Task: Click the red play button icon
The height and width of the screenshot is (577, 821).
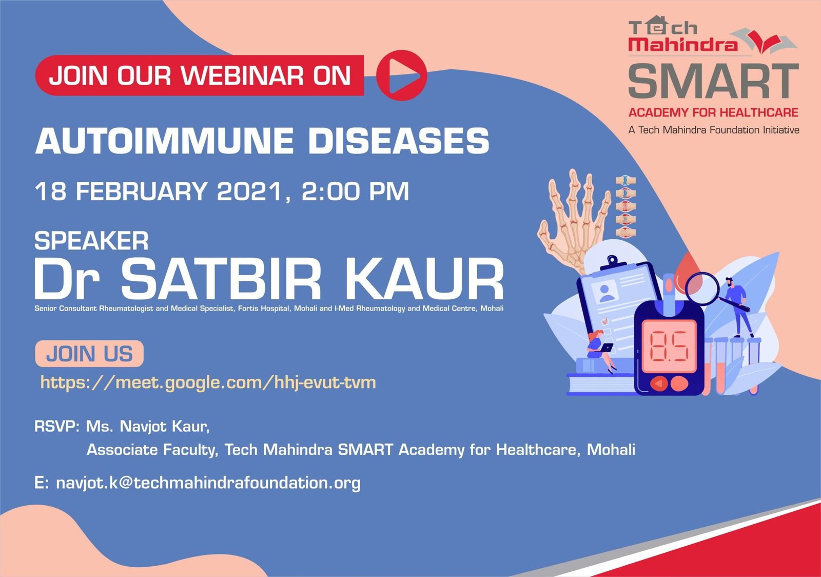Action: [402, 75]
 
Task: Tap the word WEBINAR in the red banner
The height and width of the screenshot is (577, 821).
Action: [242, 76]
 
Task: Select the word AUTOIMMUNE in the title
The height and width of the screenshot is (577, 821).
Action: [164, 141]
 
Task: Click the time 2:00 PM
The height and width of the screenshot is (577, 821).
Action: [355, 191]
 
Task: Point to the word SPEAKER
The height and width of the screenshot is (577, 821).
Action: [92, 241]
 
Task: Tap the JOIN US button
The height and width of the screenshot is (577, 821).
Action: [89, 354]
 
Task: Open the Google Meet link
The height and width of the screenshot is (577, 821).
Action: [208, 383]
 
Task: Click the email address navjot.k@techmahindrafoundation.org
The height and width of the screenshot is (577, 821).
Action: [208, 483]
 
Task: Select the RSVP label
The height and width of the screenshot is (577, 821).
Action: [57, 427]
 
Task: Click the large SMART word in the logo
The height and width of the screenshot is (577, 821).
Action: [714, 81]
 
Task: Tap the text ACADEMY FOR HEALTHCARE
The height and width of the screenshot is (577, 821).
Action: [713, 112]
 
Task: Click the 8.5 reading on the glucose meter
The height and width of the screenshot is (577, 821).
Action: [669, 347]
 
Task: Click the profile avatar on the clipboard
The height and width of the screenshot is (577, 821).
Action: [607, 292]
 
